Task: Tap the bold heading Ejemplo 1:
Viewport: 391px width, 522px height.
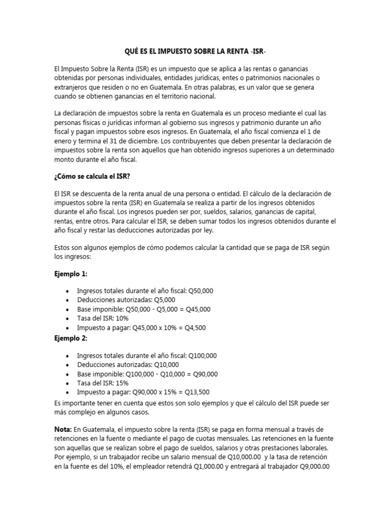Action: pos(71,274)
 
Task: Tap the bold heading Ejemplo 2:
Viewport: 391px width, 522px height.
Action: pos(71,338)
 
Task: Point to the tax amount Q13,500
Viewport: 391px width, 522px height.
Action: pos(197,392)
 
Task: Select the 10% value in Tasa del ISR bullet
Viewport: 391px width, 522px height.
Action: pos(122,319)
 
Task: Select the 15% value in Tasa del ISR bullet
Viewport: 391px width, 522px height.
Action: pos(122,383)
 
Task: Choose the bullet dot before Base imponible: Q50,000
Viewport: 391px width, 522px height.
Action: pos(68,309)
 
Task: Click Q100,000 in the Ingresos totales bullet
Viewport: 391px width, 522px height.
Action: pos(203,355)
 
